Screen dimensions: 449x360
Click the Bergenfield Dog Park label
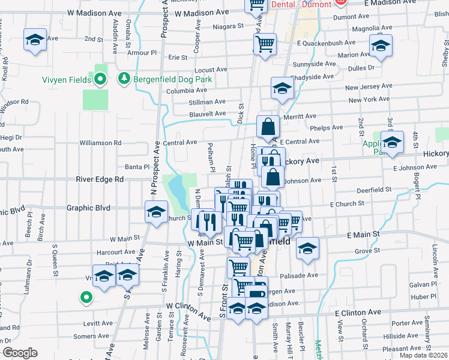click(x=173, y=79)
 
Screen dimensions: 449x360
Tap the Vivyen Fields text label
click(x=66, y=79)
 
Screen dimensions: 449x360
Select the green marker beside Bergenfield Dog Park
click(x=124, y=78)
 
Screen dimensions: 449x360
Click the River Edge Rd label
click(x=100, y=179)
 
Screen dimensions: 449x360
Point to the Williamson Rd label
click(x=101, y=143)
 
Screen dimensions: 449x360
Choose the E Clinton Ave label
click(x=358, y=313)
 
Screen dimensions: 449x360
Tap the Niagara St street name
click(x=228, y=26)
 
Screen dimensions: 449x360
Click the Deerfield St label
click(x=373, y=190)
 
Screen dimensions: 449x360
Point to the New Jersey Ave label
click(x=369, y=88)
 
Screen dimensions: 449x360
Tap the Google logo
click(x=19, y=353)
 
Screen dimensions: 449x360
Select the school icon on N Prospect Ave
click(x=156, y=212)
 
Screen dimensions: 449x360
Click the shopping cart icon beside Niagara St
click(x=265, y=44)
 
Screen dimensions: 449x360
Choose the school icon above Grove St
click(x=307, y=248)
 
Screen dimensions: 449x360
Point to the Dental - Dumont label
click(x=301, y=4)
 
